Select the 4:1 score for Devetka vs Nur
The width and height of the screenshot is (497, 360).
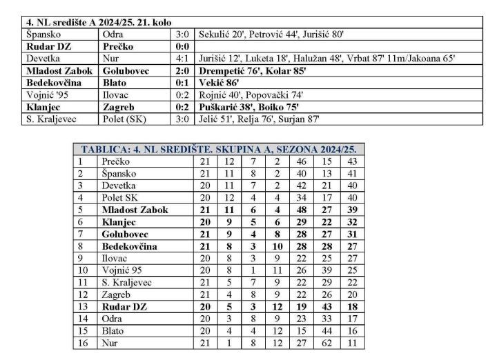[182, 59]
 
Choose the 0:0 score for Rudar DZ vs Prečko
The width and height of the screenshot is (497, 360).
[182, 46]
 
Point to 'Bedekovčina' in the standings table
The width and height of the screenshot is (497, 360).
[129, 246]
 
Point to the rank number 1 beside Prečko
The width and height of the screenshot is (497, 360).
[79, 161]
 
